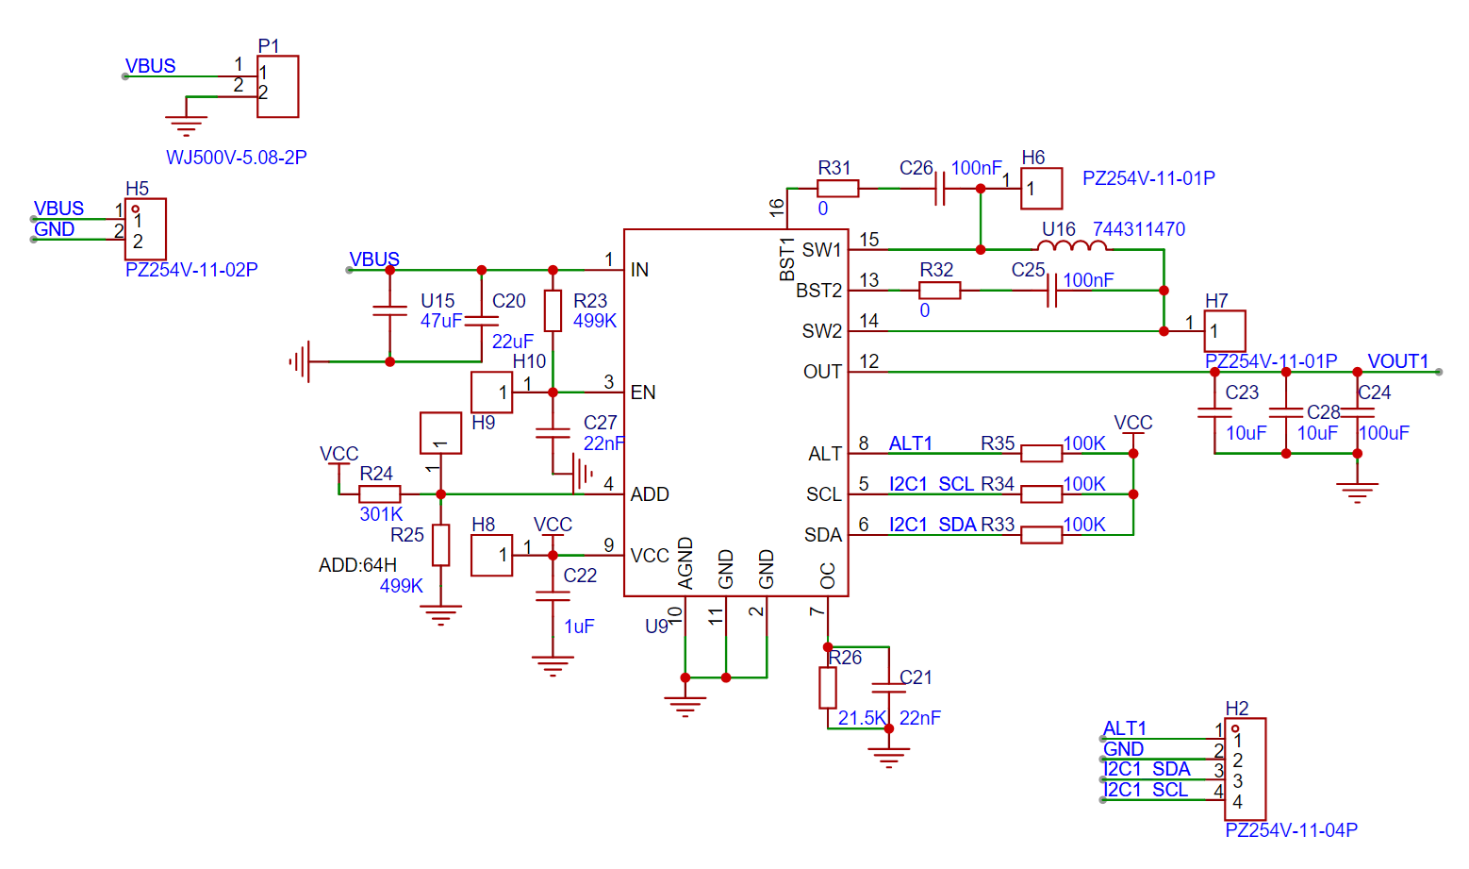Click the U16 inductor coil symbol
[1072, 246]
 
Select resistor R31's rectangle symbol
[837, 189]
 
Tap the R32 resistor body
[939, 290]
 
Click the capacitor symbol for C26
[940, 189]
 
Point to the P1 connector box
[277, 87]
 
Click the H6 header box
[1042, 189]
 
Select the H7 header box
[1225, 331]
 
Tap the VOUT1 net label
[1397, 361]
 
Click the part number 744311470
[1138, 229]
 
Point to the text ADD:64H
[357, 565]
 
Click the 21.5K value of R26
[862, 718]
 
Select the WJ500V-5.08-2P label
[236, 158]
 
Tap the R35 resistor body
[1042, 454]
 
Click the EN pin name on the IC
[642, 393]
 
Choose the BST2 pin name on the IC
[818, 290]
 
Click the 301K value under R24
[381, 514]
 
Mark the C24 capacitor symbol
[1358, 413]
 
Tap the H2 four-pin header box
[1245, 769]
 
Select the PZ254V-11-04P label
[1291, 830]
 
